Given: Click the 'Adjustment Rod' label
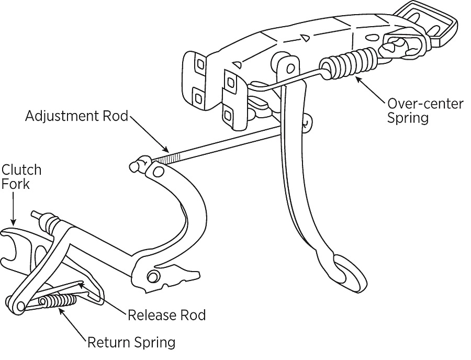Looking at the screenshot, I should pyautogui.click(x=76, y=116).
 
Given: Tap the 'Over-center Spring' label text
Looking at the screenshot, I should pyautogui.click(x=425, y=110).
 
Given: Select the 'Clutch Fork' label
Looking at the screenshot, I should pyautogui.click(x=21, y=177).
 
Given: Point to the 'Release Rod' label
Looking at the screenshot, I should pyautogui.click(x=166, y=316).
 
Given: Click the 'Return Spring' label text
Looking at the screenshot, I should pyautogui.click(x=131, y=343).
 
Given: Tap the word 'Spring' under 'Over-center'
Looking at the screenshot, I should pyautogui.click(x=408, y=117).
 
